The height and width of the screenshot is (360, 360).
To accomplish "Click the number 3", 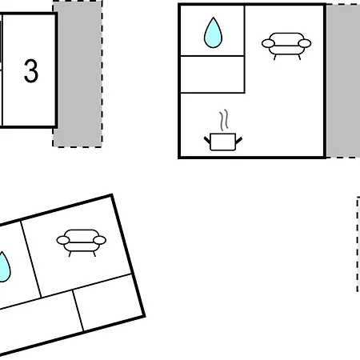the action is click(31, 71).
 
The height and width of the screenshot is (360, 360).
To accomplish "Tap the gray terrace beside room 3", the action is click(78, 74).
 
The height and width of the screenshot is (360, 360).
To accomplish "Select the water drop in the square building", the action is click(213, 33).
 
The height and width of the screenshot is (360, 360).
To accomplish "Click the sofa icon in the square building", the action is click(286, 46).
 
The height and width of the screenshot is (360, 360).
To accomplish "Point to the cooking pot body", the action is click(223, 142).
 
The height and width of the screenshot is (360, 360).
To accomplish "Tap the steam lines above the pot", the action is click(224, 120).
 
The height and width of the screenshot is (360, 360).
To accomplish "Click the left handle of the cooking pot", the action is click(207, 140).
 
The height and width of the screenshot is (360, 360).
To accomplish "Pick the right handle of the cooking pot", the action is click(239, 140).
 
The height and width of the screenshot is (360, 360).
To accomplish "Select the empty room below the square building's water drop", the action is click(213, 74).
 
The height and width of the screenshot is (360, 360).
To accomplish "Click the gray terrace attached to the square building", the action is click(343, 81).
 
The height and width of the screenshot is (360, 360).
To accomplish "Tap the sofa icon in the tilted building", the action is click(82, 242).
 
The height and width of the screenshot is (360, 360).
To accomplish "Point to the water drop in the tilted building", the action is click(4, 266).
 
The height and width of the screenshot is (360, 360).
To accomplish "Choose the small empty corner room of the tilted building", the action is click(109, 302).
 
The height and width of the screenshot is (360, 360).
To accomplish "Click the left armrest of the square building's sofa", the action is click(268, 43).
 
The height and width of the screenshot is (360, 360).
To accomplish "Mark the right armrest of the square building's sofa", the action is click(305, 43).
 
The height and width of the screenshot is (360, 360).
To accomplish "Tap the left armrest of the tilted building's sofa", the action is click(63, 240).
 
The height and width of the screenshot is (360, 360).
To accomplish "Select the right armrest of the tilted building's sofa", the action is click(99, 240).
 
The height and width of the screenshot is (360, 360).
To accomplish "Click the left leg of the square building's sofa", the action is click(275, 57).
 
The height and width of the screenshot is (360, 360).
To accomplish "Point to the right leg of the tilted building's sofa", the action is click(94, 254).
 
